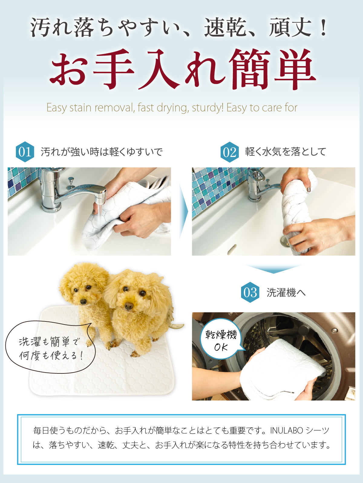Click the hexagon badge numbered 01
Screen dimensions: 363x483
(25, 152)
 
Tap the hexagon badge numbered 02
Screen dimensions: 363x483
(230, 152)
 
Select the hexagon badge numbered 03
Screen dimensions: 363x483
(250, 292)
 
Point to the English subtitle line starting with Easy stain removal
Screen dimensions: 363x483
(172, 108)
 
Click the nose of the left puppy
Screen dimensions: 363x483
(83, 302)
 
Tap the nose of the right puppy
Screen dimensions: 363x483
(129, 305)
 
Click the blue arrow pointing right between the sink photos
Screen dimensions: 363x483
(183, 212)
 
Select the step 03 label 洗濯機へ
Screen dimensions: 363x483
(286, 293)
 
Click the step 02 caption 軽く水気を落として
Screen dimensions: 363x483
(286, 152)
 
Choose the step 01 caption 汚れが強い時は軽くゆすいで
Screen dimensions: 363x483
(102, 152)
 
